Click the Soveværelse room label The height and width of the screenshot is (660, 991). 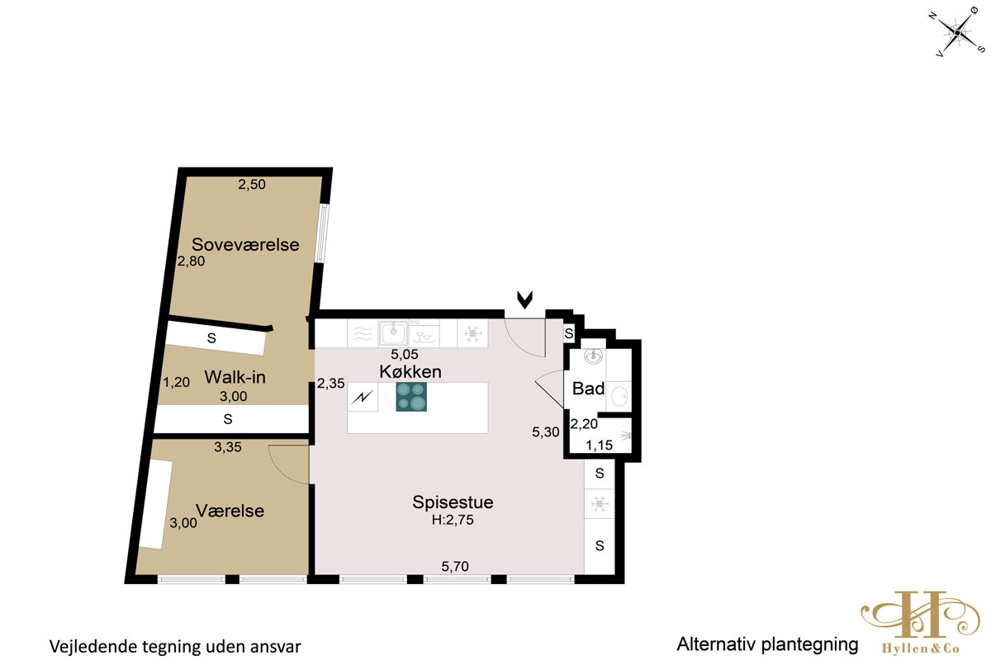245,244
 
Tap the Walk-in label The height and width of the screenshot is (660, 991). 235,377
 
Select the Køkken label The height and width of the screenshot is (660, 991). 410,372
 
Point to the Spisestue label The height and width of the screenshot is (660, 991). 453,502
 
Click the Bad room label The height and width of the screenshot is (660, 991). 588,389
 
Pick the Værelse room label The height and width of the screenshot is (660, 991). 230,511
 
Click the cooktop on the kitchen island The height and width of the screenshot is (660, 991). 411,397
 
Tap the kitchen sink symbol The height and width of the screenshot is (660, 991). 393,332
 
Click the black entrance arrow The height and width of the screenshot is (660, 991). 524,299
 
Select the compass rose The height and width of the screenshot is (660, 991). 957,33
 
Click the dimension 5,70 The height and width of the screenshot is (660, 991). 455,566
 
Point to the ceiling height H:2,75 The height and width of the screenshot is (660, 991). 453,520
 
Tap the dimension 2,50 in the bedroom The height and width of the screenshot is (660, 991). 252,184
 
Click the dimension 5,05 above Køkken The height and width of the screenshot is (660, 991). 405,354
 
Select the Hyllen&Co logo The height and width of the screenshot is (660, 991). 920,622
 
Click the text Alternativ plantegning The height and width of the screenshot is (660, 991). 767,644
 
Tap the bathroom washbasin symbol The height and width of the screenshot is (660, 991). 593,356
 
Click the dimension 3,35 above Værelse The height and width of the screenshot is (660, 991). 228,447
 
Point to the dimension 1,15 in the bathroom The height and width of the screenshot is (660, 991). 599,445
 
